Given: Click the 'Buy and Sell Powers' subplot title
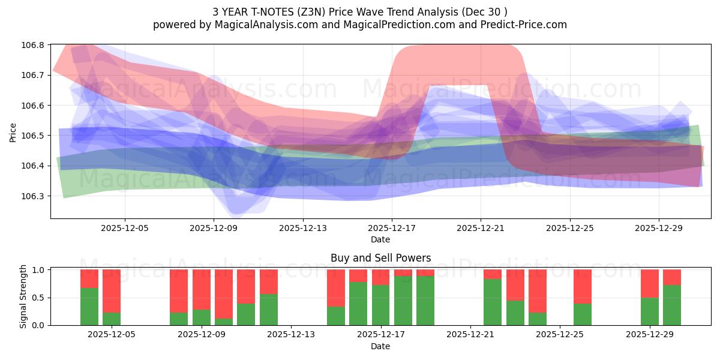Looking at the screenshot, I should (x=380, y=258).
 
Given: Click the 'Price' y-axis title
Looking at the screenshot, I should (x=13, y=132).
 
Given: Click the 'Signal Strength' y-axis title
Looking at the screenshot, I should (x=23, y=296).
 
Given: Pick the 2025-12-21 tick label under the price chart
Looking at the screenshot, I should (x=481, y=228).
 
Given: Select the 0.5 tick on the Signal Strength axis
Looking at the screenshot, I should (x=38, y=298).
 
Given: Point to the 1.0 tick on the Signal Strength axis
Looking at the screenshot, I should (x=38, y=270).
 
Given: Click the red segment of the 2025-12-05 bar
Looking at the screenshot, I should (x=112, y=291).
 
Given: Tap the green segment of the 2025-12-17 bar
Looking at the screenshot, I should (x=381, y=305).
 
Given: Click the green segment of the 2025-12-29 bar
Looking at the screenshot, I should (x=650, y=311).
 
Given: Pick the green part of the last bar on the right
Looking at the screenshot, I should (x=672, y=305).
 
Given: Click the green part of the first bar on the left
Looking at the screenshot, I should (x=89, y=307).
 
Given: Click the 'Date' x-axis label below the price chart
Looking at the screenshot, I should (x=380, y=239).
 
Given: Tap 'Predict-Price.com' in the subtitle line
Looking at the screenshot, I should (x=524, y=25).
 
